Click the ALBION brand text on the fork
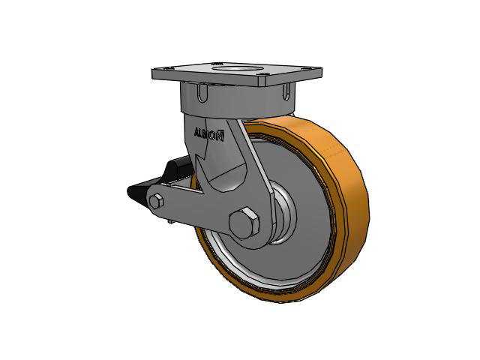(x=209, y=134)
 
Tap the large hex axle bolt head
(x=244, y=223)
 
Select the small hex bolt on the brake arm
(x=157, y=202)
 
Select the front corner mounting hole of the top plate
(x=264, y=73)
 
